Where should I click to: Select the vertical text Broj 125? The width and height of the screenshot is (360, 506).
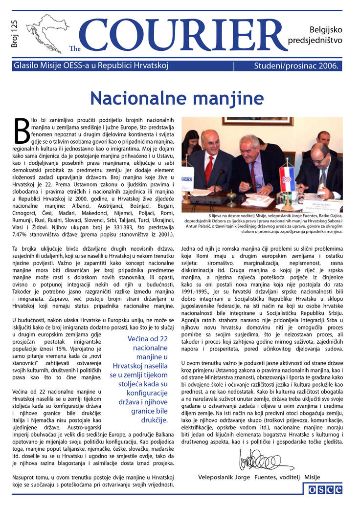(x=14, y=34)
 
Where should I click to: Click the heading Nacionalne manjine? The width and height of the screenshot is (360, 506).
(x=177, y=98)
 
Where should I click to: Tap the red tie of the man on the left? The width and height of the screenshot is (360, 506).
(x=209, y=170)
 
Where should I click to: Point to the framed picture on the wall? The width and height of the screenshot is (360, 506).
(x=257, y=121)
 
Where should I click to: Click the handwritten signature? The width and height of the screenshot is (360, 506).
(x=264, y=460)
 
